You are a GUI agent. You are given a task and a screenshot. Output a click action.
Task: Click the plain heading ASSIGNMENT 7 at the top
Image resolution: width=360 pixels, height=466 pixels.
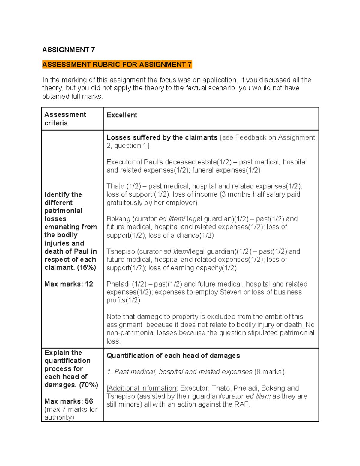68,50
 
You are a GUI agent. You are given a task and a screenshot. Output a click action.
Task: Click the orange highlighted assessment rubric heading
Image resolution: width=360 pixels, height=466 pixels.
117,65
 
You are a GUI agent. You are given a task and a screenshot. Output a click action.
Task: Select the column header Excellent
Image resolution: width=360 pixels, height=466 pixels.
122,115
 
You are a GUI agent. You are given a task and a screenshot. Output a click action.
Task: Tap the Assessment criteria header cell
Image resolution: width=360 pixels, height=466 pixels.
65,119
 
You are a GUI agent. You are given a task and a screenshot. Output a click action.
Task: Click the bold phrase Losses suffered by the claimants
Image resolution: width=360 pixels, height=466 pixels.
162,137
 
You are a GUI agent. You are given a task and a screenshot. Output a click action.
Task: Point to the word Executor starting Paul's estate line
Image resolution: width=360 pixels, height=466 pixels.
120,162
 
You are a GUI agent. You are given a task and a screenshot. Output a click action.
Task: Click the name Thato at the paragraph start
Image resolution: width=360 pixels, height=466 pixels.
115,186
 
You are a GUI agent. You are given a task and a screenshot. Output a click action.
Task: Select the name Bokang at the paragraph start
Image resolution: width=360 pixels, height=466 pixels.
118,219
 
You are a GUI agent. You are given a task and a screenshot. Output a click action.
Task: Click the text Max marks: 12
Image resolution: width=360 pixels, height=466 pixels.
69,284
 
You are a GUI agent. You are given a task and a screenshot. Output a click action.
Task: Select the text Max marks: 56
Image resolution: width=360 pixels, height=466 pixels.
69,401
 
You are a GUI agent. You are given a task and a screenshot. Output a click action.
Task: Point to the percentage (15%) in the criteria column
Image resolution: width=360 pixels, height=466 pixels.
86,268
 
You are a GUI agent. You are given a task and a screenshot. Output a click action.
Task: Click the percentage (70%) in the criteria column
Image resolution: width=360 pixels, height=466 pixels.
88,385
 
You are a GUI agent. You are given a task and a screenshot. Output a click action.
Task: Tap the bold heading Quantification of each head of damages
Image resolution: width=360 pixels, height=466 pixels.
173,356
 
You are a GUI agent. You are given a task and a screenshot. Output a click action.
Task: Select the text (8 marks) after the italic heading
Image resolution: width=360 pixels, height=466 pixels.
269,372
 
